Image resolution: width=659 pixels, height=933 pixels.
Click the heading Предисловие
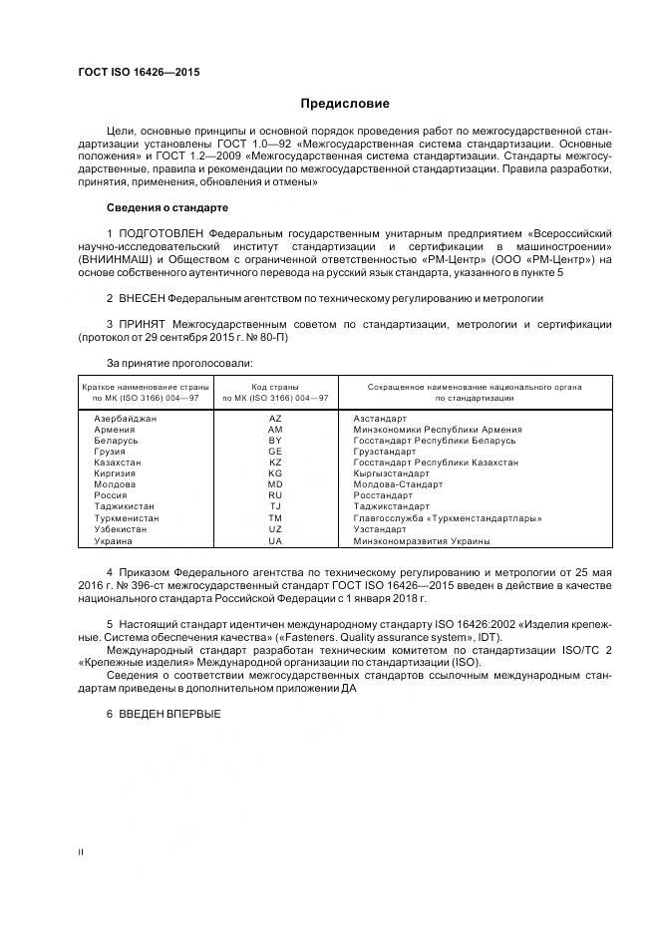[x=345, y=104]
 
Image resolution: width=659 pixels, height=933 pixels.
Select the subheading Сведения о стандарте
[x=166, y=207]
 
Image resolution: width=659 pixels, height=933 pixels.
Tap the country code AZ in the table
[x=275, y=419]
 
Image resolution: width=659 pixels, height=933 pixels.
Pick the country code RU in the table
[x=275, y=495]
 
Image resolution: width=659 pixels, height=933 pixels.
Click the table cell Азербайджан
[x=125, y=419]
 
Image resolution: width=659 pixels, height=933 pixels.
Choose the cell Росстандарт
[x=383, y=495]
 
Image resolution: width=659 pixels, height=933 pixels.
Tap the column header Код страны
[x=275, y=386]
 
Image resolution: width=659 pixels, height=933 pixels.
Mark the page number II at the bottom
[x=81, y=852]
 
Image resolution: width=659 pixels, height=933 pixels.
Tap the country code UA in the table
[x=275, y=540]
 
